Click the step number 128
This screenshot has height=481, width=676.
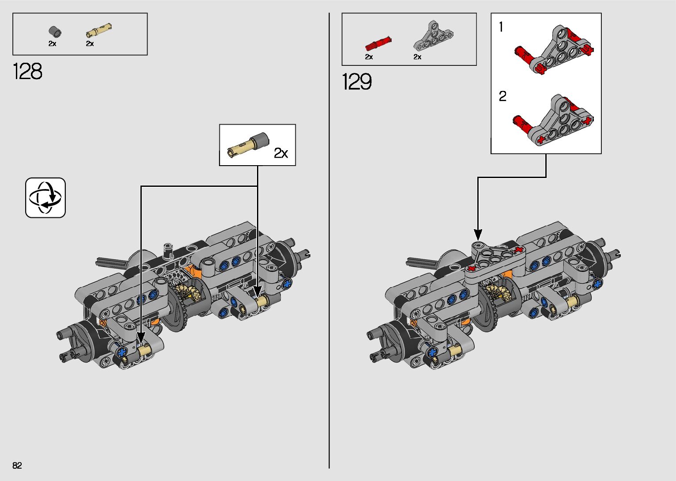(x=28, y=72)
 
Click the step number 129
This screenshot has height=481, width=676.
(x=357, y=82)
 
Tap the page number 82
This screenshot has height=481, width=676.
(x=17, y=466)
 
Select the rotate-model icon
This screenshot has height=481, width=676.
(x=45, y=198)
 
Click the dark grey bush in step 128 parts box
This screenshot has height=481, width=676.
(x=54, y=32)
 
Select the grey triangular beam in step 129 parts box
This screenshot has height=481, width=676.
(x=433, y=35)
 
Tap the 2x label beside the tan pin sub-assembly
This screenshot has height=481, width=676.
(x=281, y=153)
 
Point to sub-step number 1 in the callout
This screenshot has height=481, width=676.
(x=501, y=27)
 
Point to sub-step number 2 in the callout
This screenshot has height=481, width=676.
(x=502, y=96)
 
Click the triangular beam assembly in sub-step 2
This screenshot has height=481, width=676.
(x=555, y=119)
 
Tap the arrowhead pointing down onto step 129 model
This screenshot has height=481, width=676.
(x=478, y=235)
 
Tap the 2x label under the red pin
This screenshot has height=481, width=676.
(x=369, y=57)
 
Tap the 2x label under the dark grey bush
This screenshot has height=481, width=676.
(x=52, y=44)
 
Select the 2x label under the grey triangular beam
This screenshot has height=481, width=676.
(x=417, y=57)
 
